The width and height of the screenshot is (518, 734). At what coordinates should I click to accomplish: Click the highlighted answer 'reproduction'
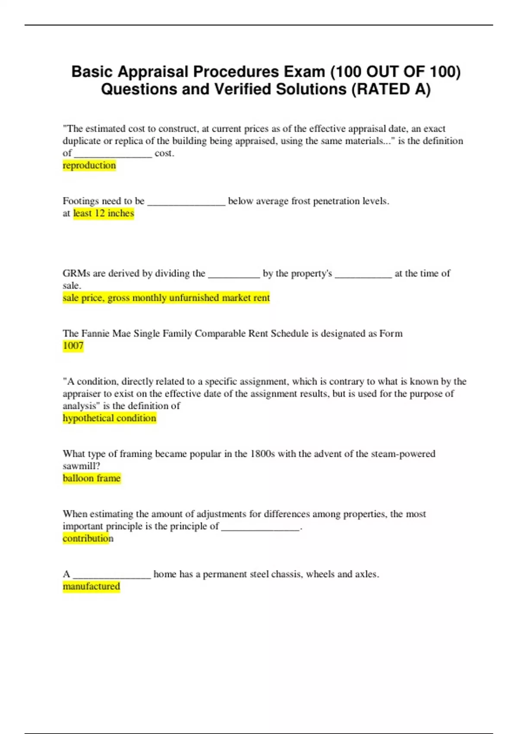[89, 165]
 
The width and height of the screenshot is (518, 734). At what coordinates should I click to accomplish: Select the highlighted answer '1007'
[73, 345]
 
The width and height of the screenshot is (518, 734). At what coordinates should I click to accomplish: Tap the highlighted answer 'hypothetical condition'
[109, 418]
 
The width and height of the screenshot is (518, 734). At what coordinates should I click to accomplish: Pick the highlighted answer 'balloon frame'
[92, 478]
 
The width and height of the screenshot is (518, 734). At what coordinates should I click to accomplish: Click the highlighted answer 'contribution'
[88, 538]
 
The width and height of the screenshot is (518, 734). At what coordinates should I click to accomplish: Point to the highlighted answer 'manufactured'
[92, 586]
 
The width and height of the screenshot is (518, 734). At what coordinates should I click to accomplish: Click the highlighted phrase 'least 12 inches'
[104, 213]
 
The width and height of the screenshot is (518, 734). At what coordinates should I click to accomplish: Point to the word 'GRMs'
[76, 273]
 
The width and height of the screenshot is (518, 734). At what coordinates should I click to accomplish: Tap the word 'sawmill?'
[82, 466]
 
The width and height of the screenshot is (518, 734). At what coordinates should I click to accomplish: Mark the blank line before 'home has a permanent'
[112, 576]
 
